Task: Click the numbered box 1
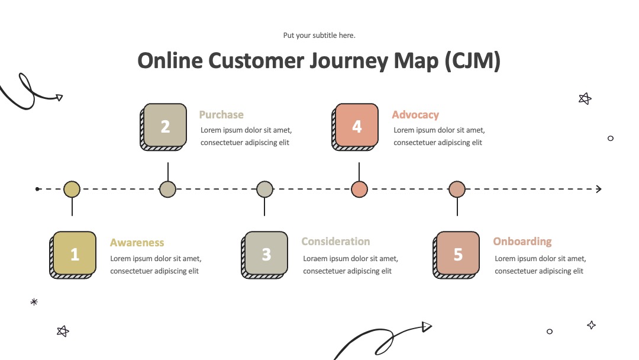click(73, 255)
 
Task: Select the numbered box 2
click(163, 127)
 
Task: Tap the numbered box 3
click(264, 255)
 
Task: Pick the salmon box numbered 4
click(355, 127)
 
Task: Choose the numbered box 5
click(456, 255)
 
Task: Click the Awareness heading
click(137, 243)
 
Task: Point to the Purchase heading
click(221, 114)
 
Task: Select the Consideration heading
click(336, 242)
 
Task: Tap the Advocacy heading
click(415, 114)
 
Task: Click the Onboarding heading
click(522, 242)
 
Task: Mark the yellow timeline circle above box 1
click(72, 189)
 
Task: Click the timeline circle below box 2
click(168, 189)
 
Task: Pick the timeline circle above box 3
click(265, 189)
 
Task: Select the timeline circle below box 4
click(360, 189)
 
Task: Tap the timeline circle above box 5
click(457, 189)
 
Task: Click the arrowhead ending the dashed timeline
click(599, 189)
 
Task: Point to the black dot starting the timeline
click(37, 189)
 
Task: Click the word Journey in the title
click(348, 61)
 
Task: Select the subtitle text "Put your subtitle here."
click(319, 36)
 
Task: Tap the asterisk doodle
click(34, 302)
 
